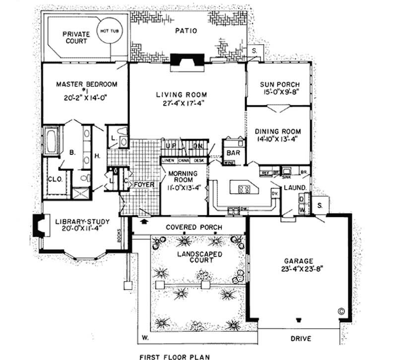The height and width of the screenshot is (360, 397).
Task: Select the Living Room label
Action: click(x=181, y=94)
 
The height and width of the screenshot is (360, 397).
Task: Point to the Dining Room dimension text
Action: click(x=278, y=140)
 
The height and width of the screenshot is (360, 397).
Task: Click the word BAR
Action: click(x=232, y=153)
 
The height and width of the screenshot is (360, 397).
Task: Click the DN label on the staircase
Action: click(x=198, y=146)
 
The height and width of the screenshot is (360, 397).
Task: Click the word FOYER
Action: click(x=145, y=185)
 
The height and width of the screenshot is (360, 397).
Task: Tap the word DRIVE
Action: click(x=301, y=339)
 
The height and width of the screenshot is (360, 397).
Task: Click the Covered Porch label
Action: click(x=194, y=227)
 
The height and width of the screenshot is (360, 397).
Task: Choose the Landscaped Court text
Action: click(x=198, y=258)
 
